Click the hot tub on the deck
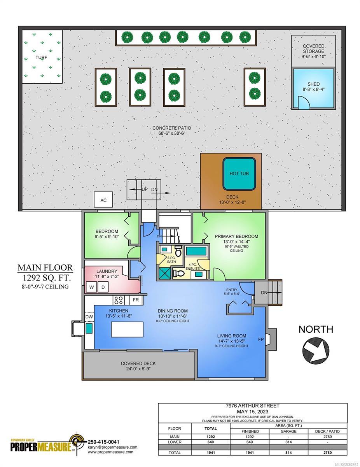239,174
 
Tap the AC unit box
103,199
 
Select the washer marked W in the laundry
91,287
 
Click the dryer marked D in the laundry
103,287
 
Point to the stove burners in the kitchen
119,300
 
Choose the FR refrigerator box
136,300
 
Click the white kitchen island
127,329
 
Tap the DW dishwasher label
89,317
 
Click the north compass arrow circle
316,351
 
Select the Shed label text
313,84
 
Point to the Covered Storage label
313,49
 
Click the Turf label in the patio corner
41,58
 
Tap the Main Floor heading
45,268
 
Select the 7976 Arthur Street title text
252,406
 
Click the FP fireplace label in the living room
261,340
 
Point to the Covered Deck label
138,363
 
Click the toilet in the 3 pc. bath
178,250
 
